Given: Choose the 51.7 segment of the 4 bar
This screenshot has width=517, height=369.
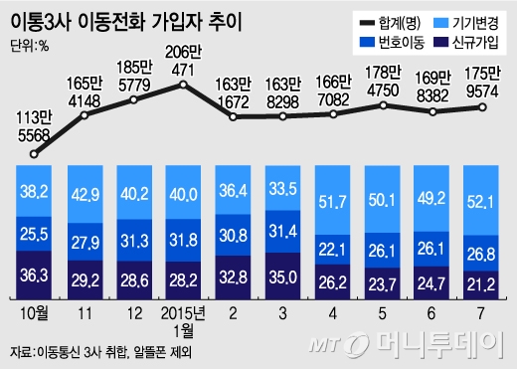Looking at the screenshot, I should coord(333,204).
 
